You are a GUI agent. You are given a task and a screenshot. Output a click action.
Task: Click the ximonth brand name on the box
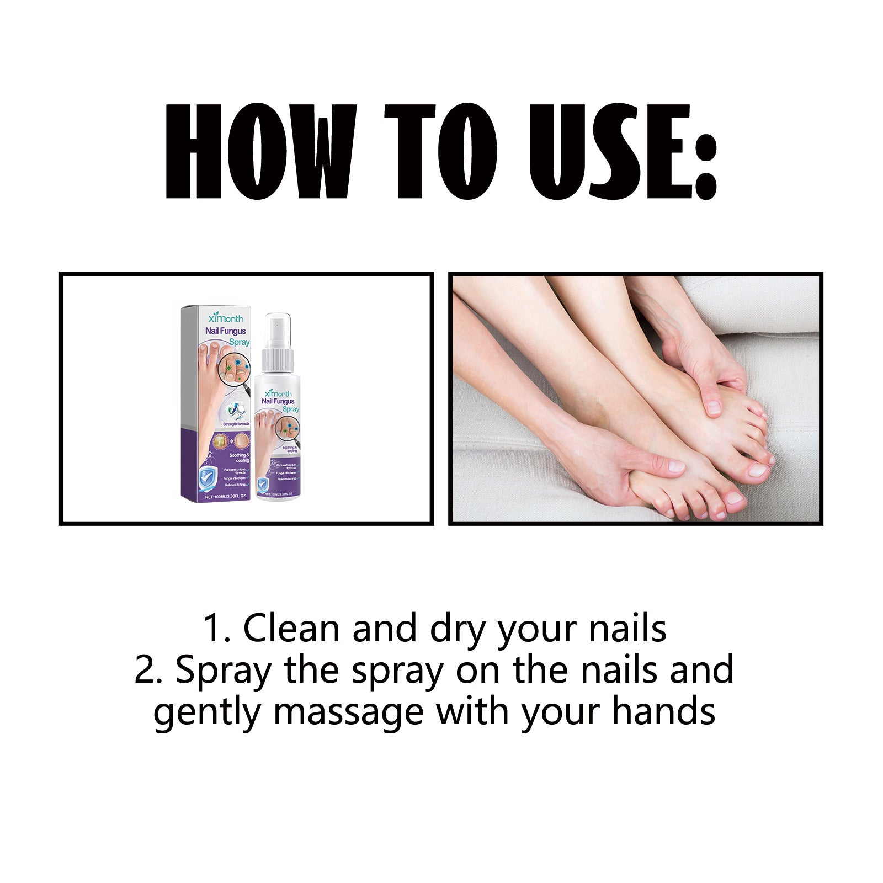click(226, 318)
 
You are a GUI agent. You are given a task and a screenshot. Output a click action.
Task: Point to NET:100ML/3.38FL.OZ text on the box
click(225, 497)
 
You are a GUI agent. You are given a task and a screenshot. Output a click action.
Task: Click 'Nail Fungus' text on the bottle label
click(279, 401)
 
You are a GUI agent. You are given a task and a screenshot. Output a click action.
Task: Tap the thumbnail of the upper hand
click(714, 407)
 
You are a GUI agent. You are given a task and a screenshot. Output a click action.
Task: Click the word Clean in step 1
click(291, 628)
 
